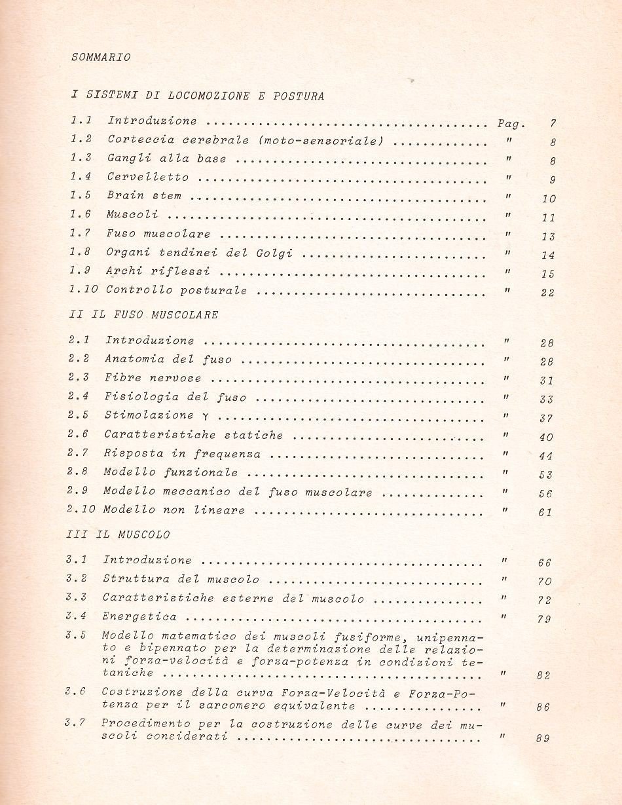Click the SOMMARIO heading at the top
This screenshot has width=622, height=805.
(100, 57)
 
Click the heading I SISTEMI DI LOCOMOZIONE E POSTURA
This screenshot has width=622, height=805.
(197, 96)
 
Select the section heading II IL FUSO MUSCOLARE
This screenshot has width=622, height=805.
(143, 314)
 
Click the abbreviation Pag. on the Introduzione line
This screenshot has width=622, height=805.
(511, 123)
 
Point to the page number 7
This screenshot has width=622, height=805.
(553, 124)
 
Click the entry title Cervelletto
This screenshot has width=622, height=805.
(148, 177)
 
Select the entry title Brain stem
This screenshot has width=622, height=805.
(145, 196)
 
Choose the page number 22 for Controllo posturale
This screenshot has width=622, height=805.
(547, 293)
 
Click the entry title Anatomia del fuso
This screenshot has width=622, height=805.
(168, 360)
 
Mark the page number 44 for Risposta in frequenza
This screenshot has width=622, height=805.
(546, 456)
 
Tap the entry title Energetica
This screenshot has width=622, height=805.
(139, 617)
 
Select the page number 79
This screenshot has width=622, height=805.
(544, 620)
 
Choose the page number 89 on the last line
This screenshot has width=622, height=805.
(542, 739)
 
